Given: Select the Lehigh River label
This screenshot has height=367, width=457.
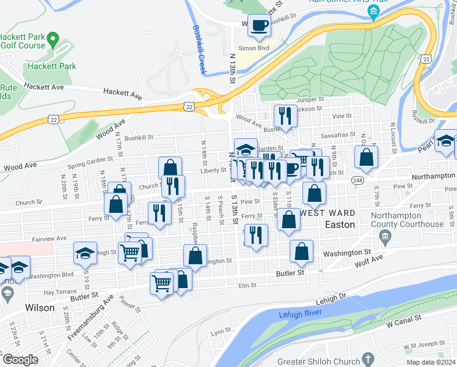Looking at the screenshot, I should [x=301, y=314].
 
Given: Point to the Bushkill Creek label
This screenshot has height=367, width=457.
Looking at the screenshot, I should [x=199, y=49].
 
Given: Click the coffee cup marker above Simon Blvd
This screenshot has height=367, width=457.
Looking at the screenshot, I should [x=260, y=26].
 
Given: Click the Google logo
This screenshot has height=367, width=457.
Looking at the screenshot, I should [x=21, y=360].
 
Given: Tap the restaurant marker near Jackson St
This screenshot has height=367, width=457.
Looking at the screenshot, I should [x=285, y=115].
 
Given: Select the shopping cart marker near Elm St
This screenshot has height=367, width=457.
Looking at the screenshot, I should [x=161, y=283].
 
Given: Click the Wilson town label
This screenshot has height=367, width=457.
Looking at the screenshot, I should [x=40, y=307].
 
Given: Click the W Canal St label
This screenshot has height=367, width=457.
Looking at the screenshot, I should [x=403, y=319].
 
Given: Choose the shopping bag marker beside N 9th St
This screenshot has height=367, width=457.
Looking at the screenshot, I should [x=365, y=158].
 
